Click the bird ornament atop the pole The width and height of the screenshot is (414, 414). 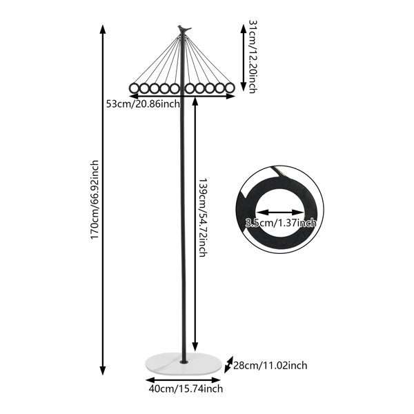pos(184,29)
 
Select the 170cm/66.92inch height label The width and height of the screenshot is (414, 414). pos(95,199)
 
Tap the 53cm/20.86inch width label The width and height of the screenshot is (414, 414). pos(143,103)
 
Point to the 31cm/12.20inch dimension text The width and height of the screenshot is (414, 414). pos(253,57)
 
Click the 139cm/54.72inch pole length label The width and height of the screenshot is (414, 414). pos(203,217)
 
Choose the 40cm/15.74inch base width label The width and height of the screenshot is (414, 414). pos(186,388)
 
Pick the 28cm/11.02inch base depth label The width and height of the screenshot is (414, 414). pos(270,366)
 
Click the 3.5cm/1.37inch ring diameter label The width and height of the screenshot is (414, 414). pos(280,223)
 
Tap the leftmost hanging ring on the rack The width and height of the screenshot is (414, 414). pos(134,88)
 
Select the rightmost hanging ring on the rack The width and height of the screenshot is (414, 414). pos(230,88)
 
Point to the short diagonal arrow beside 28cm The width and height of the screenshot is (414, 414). pos(228,364)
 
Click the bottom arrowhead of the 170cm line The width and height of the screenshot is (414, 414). pos(103,371)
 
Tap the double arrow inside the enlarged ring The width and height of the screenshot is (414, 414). pos(280,212)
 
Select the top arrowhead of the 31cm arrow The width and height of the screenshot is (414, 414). pos(244,28)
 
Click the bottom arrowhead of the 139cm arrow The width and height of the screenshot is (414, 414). pos(195,346)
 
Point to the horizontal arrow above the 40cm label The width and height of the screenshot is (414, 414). pos(184,380)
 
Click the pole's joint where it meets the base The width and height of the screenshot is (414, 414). pos(184,361)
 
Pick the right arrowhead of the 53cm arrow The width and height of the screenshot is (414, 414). pos(230,97)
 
